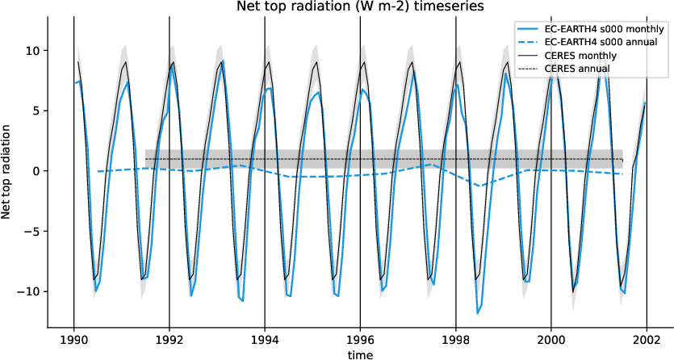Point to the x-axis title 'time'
360,354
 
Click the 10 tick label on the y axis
35,50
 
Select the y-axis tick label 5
38,111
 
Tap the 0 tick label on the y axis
38,171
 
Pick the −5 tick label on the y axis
35,231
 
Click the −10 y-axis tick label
31,291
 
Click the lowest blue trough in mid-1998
478,313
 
